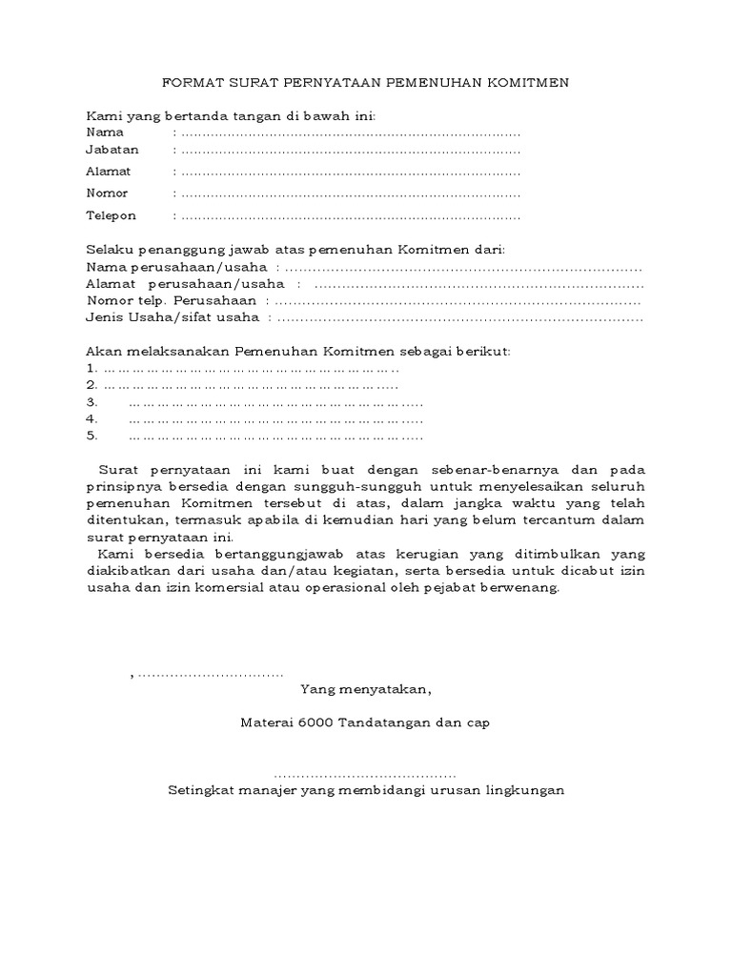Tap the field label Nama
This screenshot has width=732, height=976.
[105, 132]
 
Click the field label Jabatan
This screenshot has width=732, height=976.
[112, 150]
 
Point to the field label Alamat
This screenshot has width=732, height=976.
[109, 172]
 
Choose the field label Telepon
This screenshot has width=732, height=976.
[111, 215]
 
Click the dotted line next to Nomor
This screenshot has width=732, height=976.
[350, 193]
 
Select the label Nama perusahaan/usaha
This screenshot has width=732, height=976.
[176, 268]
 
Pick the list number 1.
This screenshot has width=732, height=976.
[90, 368]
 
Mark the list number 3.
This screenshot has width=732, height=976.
[91, 402]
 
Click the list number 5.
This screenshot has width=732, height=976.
[91, 436]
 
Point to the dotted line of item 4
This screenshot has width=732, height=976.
[275, 419]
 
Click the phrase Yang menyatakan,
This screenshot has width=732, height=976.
[365, 689]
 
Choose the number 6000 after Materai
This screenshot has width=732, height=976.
[315, 723]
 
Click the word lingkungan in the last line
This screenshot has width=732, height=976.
[523, 790]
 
